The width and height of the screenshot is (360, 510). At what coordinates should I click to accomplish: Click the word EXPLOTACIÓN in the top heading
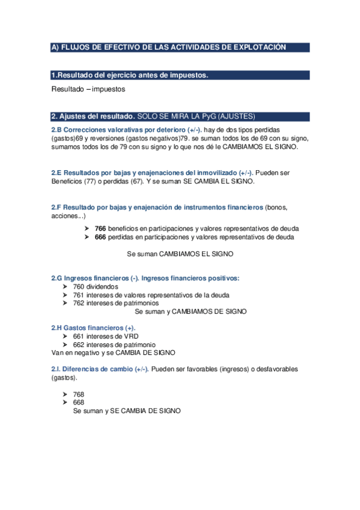point(259,47)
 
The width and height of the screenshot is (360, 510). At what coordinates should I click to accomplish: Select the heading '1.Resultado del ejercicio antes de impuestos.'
point(130,75)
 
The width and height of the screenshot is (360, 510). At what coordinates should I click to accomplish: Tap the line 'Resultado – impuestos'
point(88,89)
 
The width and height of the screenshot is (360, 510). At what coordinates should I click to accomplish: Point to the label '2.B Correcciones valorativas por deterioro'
point(118,130)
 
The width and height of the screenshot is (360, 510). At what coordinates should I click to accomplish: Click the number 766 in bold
point(100,229)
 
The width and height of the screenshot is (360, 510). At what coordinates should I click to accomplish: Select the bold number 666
point(100,238)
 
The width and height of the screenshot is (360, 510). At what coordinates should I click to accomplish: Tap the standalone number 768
point(79,394)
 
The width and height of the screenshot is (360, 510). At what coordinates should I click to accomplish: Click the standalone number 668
point(79,402)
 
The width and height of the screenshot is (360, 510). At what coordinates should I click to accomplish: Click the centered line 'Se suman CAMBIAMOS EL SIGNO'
point(180,254)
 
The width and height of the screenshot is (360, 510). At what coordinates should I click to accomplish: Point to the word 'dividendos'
point(102,287)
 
